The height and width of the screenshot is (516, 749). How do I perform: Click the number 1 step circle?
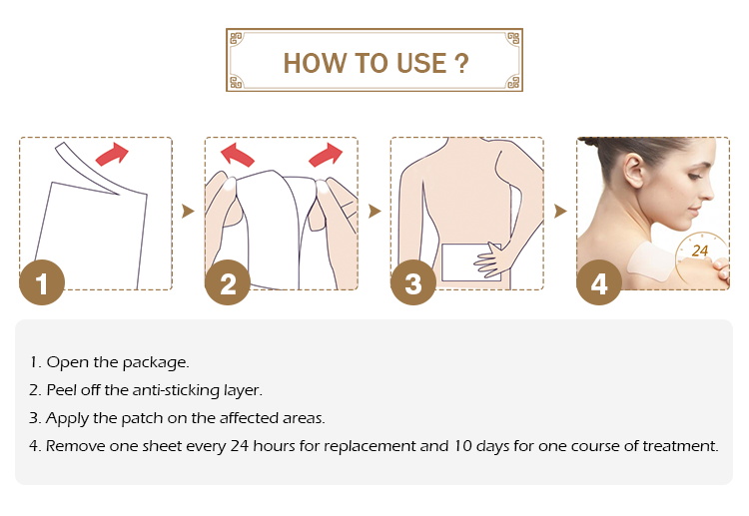(42, 282)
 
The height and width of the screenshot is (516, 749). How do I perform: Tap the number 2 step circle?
(228, 282)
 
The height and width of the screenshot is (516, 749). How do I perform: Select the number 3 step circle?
(413, 282)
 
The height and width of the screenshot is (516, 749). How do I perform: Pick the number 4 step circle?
(599, 282)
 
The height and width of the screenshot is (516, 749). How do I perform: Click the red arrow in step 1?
(112, 154)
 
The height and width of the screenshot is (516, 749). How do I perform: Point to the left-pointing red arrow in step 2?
(237, 155)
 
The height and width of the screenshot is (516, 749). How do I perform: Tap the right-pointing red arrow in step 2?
(326, 155)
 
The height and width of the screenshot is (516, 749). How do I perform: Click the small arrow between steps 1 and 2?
(188, 211)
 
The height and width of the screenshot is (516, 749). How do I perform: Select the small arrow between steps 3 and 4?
(560, 211)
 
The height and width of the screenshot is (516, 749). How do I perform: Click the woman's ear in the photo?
(634, 171)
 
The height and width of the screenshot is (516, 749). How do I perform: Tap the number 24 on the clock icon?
(700, 251)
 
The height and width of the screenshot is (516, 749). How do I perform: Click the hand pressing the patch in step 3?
(491, 259)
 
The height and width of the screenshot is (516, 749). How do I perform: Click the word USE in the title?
(421, 64)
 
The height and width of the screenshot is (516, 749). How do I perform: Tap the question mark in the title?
(461, 64)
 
